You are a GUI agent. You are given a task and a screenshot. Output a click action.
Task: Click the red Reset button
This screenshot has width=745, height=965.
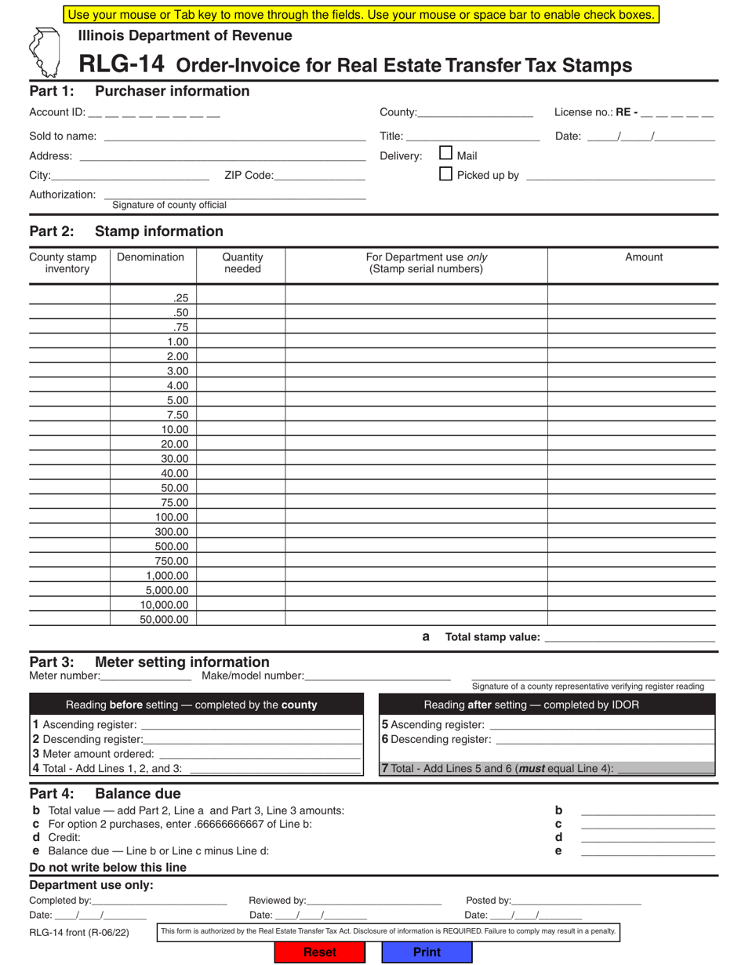(x=319, y=952)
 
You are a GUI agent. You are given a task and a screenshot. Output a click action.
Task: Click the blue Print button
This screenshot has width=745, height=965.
(x=427, y=952)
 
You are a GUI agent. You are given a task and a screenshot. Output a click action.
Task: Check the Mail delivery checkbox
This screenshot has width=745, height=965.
(x=445, y=154)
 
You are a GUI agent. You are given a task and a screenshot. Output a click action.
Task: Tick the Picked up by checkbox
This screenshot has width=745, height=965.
(x=445, y=174)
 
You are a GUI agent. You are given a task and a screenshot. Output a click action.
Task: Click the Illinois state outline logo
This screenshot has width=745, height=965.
(x=47, y=52)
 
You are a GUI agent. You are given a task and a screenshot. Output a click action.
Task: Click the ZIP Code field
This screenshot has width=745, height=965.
(x=319, y=175)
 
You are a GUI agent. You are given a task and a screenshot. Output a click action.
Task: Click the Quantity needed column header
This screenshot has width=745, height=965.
(x=242, y=263)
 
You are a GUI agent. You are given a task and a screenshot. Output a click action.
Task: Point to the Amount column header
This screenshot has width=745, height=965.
(x=643, y=257)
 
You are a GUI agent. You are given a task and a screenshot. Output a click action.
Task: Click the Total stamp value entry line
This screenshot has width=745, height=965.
(x=629, y=637)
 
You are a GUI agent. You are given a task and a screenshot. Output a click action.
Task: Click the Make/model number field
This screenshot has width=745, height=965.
(x=377, y=675)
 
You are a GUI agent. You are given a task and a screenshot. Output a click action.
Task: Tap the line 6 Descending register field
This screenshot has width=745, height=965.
(x=605, y=739)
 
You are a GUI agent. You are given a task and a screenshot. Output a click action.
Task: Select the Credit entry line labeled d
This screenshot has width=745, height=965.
(x=647, y=837)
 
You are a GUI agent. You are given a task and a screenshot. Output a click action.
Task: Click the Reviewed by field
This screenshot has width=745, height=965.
(x=374, y=901)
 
